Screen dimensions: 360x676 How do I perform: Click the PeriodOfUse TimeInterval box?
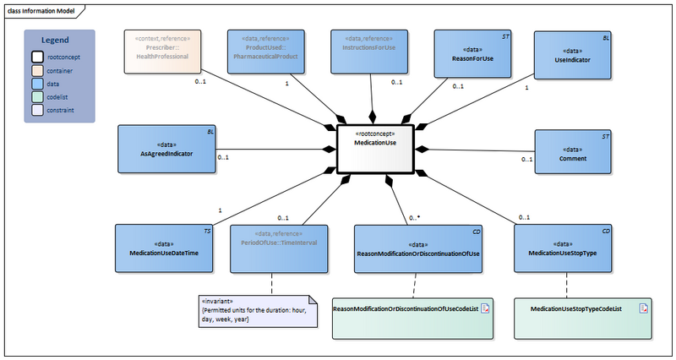coord(278,248)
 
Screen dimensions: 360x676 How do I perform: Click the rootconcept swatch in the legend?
coord(38,57)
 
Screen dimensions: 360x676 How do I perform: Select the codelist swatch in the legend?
coord(38,96)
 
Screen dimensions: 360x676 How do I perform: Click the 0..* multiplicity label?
coord(414,218)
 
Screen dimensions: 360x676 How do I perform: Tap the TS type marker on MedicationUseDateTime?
coord(208,231)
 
